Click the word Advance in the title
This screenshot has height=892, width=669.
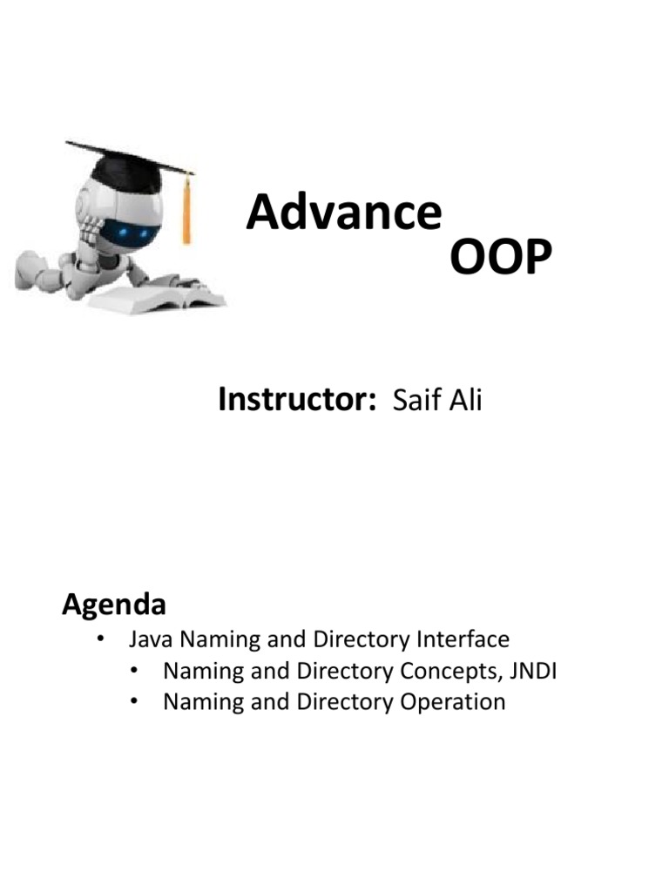point(343,213)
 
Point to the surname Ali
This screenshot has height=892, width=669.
point(464,401)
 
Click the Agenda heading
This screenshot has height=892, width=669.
point(114,604)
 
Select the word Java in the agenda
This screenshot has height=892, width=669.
point(149,640)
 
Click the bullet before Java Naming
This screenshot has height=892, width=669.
point(101,640)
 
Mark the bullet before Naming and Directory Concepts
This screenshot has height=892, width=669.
point(133,672)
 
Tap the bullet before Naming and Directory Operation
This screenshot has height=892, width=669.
point(133,702)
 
